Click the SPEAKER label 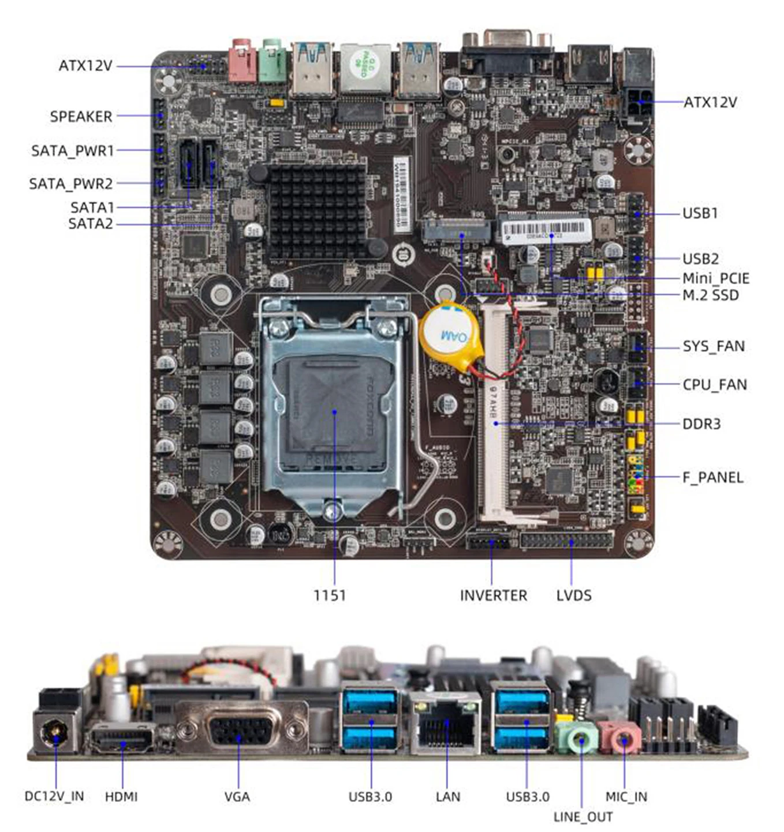pyautogui.click(x=81, y=117)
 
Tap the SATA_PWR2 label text pyautogui.click(x=71, y=184)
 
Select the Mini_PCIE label pyautogui.click(x=715, y=279)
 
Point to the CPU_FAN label pyautogui.click(x=714, y=385)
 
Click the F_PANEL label pyautogui.click(x=712, y=478)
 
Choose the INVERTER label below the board pyautogui.click(x=493, y=595)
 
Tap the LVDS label pyautogui.click(x=573, y=595)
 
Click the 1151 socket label pyautogui.click(x=330, y=595)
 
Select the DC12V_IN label pyautogui.click(x=54, y=796)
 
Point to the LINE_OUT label pyautogui.click(x=583, y=817)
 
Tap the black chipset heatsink pyautogui.click(x=317, y=211)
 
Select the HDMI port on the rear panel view pyautogui.click(x=121, y=739)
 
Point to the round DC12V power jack pyautogui.click(x=55, y=734)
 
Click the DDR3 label pyautogui.click(x=701, y=425)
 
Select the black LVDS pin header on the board pyautogui.click(x=566, y=541)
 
